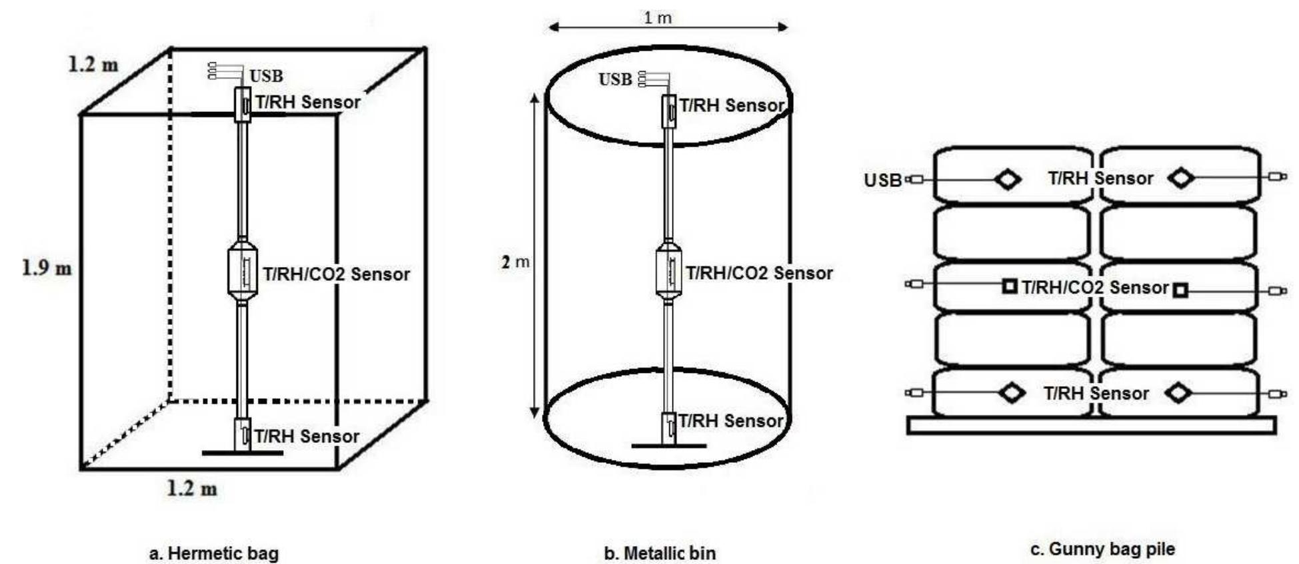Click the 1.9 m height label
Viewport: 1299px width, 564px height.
point(47,268)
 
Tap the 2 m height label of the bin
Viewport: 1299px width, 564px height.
point(515,262)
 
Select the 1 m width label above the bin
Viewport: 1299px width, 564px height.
point(657,17)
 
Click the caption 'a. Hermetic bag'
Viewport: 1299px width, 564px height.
point(213,553)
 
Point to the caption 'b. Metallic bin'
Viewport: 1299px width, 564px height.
point(660,553)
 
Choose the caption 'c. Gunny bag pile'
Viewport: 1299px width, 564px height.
point(1102,549)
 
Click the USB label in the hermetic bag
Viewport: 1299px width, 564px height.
point(266,76)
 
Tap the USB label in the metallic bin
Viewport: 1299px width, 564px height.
point(615,79)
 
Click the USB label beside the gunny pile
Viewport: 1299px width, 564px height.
point(882,180)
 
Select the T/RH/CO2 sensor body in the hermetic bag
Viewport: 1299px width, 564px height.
point(243,272)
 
